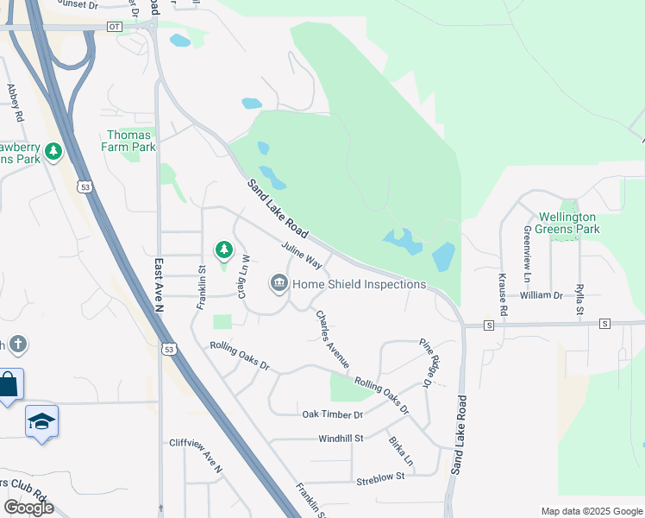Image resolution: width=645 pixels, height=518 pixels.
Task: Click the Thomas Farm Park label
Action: (x=130, y=141)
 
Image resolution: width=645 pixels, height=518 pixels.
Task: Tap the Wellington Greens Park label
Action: (x=567, y=223)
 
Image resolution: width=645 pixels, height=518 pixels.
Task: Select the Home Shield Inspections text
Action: (x=360, y=284)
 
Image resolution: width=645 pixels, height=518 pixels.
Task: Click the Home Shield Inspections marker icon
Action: (x=279, y=283)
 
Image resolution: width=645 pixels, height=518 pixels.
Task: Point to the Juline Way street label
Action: (x=302, y=256)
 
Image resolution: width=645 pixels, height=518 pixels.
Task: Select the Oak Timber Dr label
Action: (x=333, y=415)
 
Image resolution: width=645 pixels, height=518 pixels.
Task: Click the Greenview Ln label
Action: (x=526, y=255)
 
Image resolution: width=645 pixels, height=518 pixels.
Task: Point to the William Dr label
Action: (x=541, y=295)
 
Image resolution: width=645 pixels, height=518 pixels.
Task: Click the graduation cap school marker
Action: (x=41, y=422)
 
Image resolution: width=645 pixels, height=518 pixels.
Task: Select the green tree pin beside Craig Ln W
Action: (x=224, y=250)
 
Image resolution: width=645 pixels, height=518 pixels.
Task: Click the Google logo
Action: (x=28, y=508)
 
